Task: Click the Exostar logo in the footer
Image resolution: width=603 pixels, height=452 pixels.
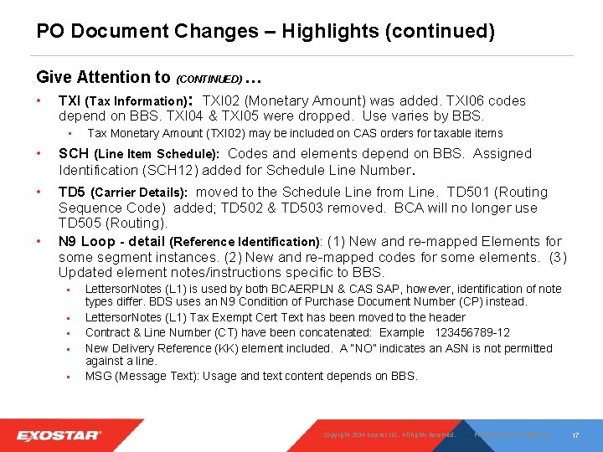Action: pos(59,435)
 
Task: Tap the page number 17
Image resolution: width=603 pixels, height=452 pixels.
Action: pos(576,435)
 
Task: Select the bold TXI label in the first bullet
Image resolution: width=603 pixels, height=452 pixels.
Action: pos(70,100)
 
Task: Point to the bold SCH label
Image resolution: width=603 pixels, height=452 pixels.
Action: pos(74,153)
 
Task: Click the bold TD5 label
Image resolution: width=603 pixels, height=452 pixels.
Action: pos(72,192)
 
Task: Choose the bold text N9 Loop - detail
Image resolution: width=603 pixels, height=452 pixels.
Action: pos(111,241)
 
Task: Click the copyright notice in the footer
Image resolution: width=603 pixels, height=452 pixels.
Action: pos(389,435)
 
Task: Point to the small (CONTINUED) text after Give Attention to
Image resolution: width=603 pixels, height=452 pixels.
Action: pos(209,80)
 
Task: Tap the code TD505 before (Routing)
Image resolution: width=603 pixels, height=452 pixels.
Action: pos(78,223)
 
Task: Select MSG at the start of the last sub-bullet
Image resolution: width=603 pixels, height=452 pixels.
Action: pos(98,376)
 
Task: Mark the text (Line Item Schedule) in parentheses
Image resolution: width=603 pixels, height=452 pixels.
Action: pos(156,154)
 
